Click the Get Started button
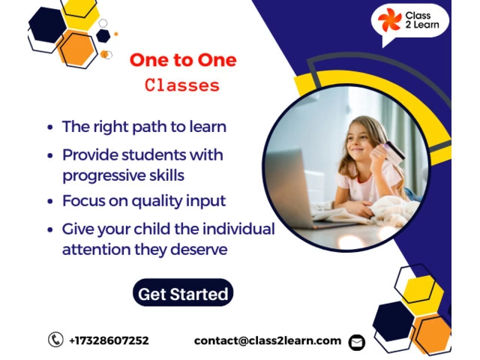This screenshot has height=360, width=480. pyautogui.click(x=183, y=292)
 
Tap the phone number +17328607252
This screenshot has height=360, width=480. pyautogui.click(x=109, y=340)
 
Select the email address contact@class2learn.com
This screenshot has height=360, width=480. pyautogui.click(x=268, y=340)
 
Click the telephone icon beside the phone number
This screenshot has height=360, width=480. pyautogui.click(x=55, y=340)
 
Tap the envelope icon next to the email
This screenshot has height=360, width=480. pyautogui.click(x=357, y=342)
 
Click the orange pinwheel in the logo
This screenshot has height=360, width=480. pyautogui.click(x=389, y=19)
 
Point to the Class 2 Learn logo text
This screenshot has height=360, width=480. pyautogui.click(x=422, y=20)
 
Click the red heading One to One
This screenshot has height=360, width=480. pyautogui.click(x=183, y=60)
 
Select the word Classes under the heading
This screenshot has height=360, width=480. pyautogui.click(x=182, y=85)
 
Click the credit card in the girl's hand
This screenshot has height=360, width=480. pyautogui.click(x=394, y=151)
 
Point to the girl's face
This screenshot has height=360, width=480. pyautogui.click(x=361, y=139)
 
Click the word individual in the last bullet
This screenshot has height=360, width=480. pyautogui.click(x=238, y=229)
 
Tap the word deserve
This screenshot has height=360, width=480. pyautogui.click(x=199, y=249)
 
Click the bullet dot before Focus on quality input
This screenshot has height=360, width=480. pyautogui.click(x=50, y=202)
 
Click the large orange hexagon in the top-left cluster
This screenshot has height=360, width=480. pyautogui.click(x=77, y=49)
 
